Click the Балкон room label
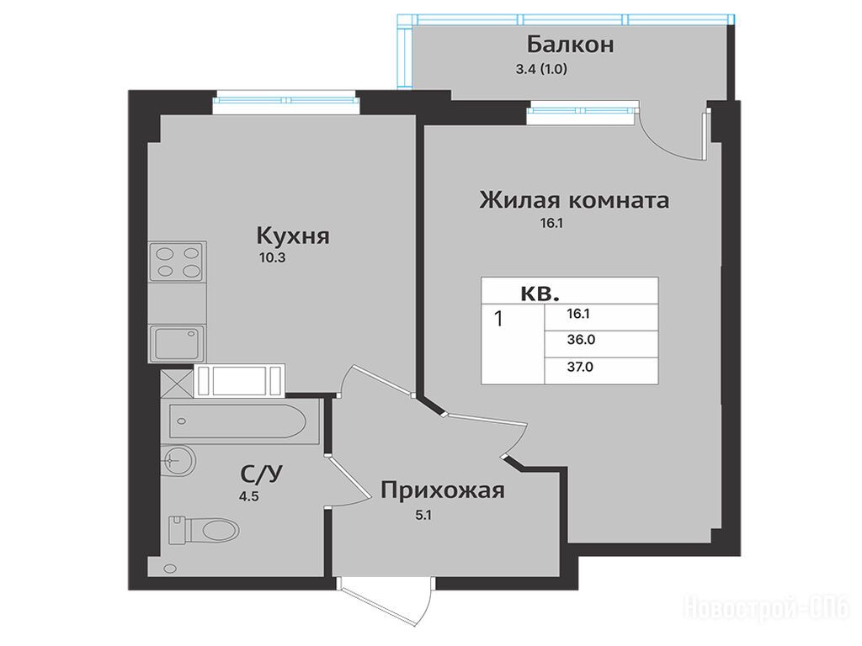570,45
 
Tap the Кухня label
293,236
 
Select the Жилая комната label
574,200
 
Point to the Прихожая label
443,490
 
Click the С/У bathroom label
261,473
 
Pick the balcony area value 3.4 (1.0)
541,69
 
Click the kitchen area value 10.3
272,257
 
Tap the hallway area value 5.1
424,516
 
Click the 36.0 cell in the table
581,340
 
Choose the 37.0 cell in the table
581,367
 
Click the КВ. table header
540,294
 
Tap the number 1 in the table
498,319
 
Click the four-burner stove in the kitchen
178,262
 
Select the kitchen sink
178,343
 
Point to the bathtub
237,421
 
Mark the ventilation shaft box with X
177,383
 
